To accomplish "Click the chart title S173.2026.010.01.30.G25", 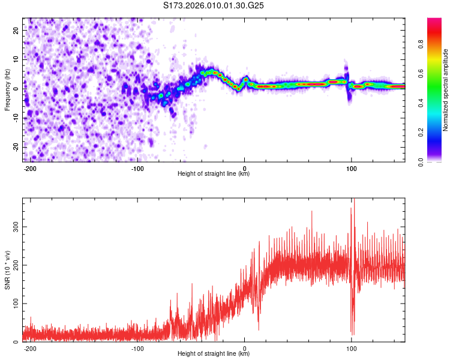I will tap(214, 6).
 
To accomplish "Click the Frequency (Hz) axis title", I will tap(7, 89).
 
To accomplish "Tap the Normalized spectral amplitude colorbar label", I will tap(445, 90).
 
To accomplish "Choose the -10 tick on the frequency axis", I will tap(16, 118).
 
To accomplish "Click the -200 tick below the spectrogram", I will tap(30, 168).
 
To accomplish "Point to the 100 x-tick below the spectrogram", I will tap(351, 168).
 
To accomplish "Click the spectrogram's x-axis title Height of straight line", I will tap(214, 174).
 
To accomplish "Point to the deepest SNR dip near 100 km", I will tap(353, 334).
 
